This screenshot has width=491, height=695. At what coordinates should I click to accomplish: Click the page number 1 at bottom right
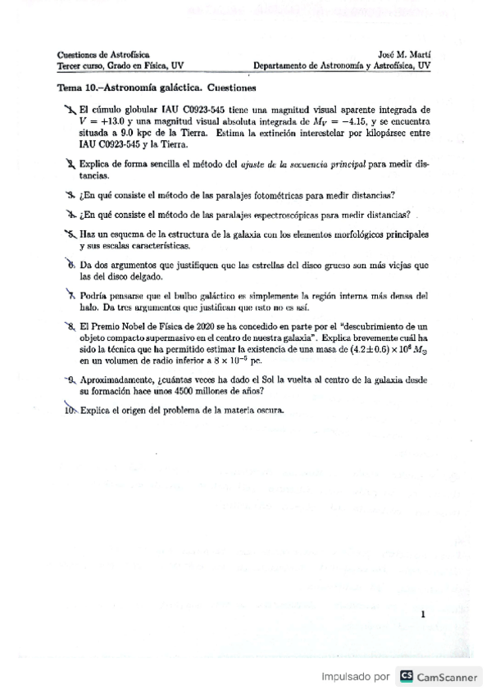click(421, 613)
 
